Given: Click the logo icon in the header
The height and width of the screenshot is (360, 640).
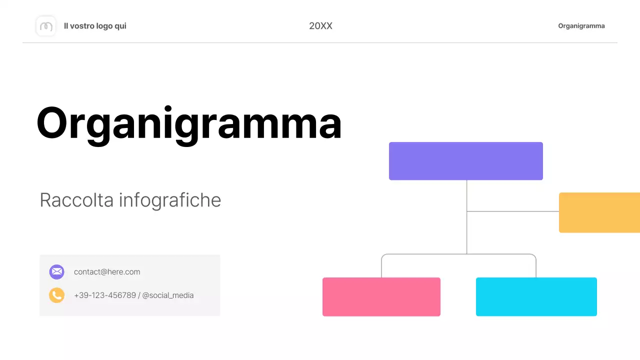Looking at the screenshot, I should pyautogui.click(x=46, y=26).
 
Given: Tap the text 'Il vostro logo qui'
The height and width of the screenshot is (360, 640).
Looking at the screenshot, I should pyautogui.click(x=95, y=26).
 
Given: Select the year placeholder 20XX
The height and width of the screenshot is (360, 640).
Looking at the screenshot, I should pyautogui.click(x=320, y=26).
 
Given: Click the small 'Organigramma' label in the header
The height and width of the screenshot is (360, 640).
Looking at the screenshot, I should pyautogui.click(x=581, y=26).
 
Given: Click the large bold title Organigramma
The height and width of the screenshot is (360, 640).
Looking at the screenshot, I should pyautogui.click(x=189, y=123).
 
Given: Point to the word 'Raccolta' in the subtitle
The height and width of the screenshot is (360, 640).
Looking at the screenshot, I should pyautogui.click(x=77, y=200).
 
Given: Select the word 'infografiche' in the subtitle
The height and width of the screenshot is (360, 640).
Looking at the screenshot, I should pyautogui.click(x=170, y=200).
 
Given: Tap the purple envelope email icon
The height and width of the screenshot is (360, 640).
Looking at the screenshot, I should pyautogui.click(x=56, y=272).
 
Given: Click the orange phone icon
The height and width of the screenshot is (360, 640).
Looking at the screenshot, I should pyautogui.click(x=56, y=295).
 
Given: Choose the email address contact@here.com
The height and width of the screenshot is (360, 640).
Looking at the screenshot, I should pyautogui.click(x=107, y=272).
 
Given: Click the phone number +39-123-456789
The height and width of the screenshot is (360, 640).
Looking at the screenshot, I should pyautogui.click(x=104, y=295).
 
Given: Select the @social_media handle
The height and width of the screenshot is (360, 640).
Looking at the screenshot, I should pyautogui.click(x=168, y=295).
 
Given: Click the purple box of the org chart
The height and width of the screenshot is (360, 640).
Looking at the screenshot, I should pyautogui.click(x=465, y=161).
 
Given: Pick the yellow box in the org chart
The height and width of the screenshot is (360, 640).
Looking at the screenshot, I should pyautogui.click(x=599, y=212).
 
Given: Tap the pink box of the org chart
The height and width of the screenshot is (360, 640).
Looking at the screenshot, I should pyautogui.click(x=381, y=296).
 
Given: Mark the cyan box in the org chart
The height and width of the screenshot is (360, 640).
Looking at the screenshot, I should pyautogui.click(x=536, y=296).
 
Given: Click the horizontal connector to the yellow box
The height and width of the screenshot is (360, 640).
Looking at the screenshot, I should pyautogui.click(x=512, y=211).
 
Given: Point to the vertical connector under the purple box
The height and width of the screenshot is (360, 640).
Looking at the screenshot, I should pyautogui.click(x=467, y=195).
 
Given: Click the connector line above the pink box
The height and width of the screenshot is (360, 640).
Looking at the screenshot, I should pyautogui.click(x=381, y=267).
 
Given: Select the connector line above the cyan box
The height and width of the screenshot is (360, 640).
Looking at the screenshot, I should pyautogui.click(x=536, y=267).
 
